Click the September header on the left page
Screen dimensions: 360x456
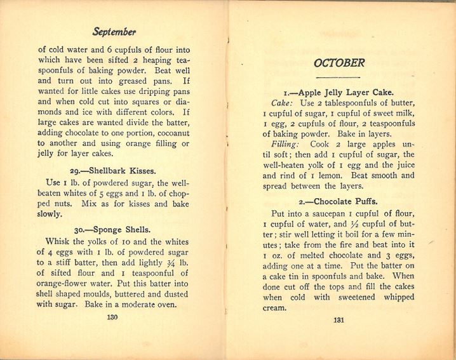pyautogui.click(x=114, y=31)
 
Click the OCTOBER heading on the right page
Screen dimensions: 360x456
pyautogui.click(x=339, y=63)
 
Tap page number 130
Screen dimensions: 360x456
pyautogui.click(x=113, y=317)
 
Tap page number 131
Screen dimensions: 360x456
pyautogui.click(x=339, y=319)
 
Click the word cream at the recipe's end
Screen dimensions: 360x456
pyautogui.click(x=274, y=307)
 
